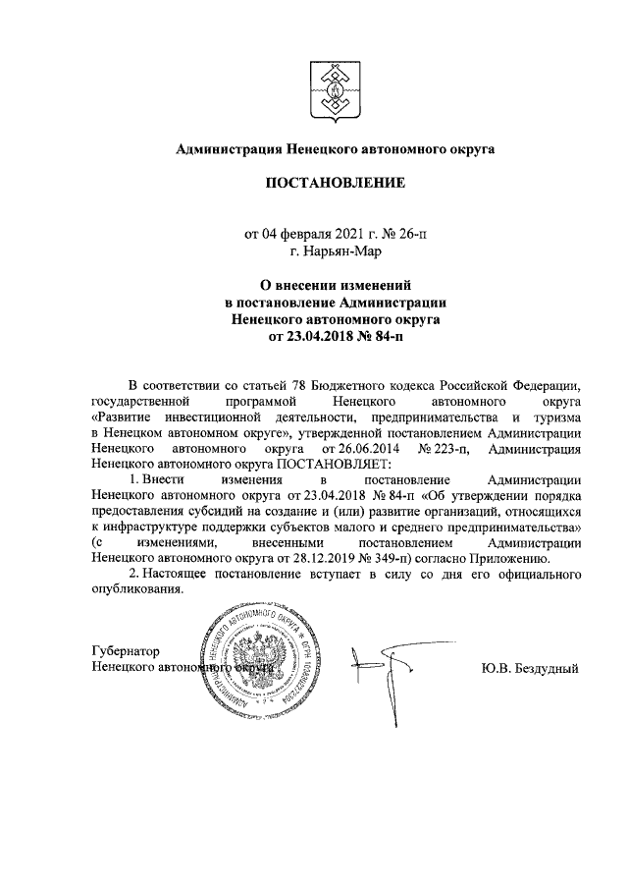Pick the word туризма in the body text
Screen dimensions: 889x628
[555, 417]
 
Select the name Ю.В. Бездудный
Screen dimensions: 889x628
[531, 667]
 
